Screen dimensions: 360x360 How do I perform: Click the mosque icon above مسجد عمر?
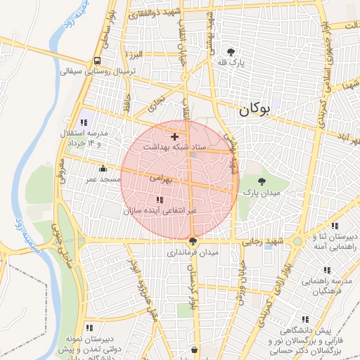103,168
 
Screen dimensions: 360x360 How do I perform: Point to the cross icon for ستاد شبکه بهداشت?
174,136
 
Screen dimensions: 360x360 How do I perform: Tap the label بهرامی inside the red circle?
161,179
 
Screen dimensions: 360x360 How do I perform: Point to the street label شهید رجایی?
262,241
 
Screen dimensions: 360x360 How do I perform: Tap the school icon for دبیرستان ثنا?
335,226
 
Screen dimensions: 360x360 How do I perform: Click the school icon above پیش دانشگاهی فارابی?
303,319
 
